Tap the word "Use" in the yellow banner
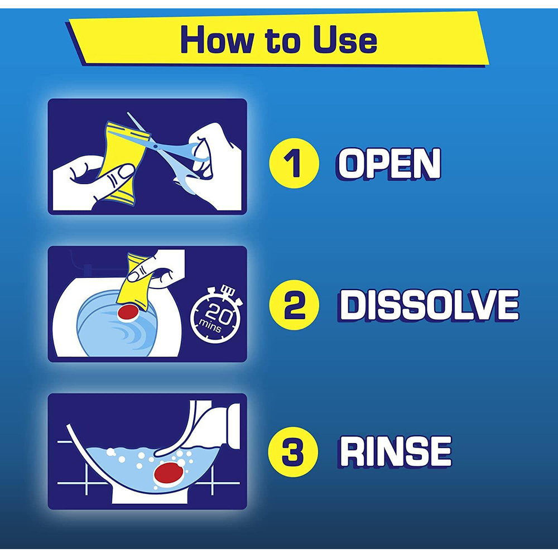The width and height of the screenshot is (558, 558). tap(344, 40)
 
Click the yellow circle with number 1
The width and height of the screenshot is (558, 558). tap(294, 162)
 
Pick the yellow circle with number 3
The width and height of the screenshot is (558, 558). tap(294, 451)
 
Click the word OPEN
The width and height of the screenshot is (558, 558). tap(389, 163)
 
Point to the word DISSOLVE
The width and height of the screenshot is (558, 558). tap(429, 305)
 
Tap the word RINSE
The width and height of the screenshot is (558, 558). tap(396, 452)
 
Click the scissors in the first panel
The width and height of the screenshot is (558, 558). tap(173, 151)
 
